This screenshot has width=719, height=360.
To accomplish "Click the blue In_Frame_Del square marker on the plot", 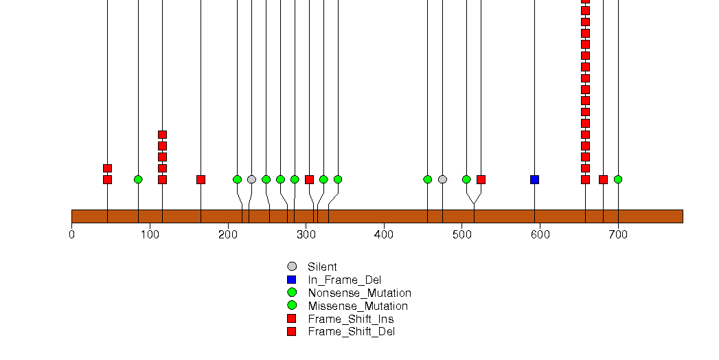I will [x=534, y=179].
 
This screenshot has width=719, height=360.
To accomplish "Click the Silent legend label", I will [x=322, y=267].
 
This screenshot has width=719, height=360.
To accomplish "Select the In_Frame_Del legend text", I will [x=344, y=280].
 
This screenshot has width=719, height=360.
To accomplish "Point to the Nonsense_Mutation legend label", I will [x=359, y=293].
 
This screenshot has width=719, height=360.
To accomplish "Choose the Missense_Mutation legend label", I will [x=358, y=306].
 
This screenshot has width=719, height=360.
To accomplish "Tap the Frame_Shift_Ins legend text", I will [x=351, y=319].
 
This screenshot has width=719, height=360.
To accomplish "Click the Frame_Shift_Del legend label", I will [x=352, y=332].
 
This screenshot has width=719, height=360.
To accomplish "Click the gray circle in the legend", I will [x=292, y=267].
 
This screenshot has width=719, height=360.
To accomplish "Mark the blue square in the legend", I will [x=292, y=280].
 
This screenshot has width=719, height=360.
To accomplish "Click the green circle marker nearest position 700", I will [x=618, y=179].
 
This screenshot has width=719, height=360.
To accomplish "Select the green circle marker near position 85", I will [x=138, y=179].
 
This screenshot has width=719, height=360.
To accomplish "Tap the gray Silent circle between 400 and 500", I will [x=442, y=179].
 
